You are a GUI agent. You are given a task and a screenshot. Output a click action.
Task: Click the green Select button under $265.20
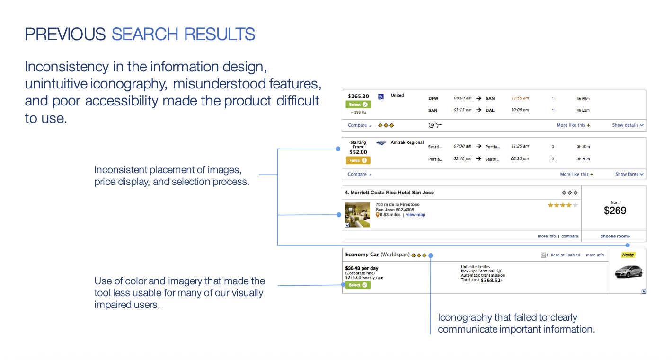pyautogui.click(x=358, y=105)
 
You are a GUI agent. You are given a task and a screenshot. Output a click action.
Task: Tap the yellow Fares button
pyautogui.click(x=358, y=160)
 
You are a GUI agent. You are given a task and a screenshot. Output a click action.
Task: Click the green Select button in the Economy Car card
pyautogui.click(x=358, y=285)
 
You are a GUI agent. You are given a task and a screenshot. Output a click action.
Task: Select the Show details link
pyautogui.click(x=628, y=125)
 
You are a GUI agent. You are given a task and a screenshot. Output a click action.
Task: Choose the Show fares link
pyautogui.click(x=629, y=175)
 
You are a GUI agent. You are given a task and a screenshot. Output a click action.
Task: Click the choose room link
pyautogui.click(x=615, y=237)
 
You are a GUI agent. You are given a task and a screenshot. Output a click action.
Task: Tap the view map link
pyautogui.click(x=416, y=215)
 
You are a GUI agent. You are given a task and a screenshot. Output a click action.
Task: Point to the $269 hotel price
pyautogui.click(x=615, y=211)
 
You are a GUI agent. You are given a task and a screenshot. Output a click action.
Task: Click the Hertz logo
pyautogui.click(x=628, y=255)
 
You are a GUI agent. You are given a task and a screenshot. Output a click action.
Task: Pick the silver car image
pyautogui.click(x=628, y=272)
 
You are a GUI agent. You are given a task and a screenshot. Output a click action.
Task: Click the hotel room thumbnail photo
pyautogui.click(x=357, y=215)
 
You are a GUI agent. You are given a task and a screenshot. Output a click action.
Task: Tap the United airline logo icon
pyautogui.click(x=381, y=97)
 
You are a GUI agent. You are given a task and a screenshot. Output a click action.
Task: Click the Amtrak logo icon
pyautogui.click(x=381, y=142)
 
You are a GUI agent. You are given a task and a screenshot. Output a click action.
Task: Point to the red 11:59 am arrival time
pyautogui.click(x=520, y=98)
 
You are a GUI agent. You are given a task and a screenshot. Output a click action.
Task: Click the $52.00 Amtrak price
pyautogui.click(x=358, y=152)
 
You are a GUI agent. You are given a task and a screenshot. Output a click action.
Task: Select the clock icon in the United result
pyautogui.click(x=431, y=125)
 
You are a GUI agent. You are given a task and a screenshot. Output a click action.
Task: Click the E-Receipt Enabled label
pyautogui.click(x=561, y=255)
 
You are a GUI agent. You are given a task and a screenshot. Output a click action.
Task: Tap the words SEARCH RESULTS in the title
pyautogui.click(x=184, y=35)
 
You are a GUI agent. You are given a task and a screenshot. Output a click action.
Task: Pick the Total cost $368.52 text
pyautogui.click(x=481, y=280)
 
